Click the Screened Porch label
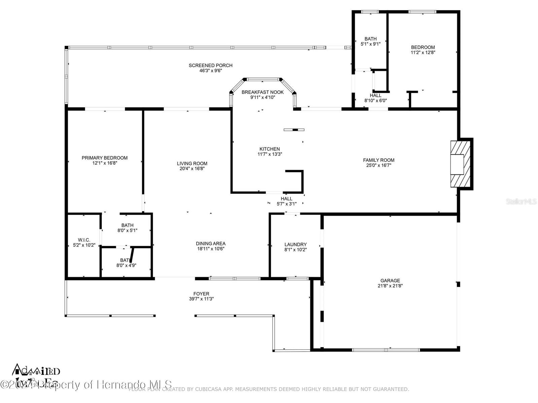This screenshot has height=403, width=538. coord(210,66)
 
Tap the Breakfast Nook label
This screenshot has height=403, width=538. coord(262,92)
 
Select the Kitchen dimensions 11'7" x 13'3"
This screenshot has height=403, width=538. coord(270,154)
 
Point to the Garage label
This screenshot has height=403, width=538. coord(390,281)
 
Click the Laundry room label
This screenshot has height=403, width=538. coord(295,244)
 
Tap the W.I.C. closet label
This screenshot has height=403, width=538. coord(84,240)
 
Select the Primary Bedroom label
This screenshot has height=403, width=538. coord(105,158)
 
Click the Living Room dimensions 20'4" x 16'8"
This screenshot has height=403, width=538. coord(192,169)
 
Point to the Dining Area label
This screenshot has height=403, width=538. coord(211,243)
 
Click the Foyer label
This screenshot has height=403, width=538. coord(201,293)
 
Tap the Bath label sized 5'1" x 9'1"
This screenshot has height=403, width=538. coord(370,39)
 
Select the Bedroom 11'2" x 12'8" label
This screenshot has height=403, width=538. coord(423,47)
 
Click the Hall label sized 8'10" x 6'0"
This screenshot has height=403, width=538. coord(375,95)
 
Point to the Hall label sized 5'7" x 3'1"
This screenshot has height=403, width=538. coord(286,199)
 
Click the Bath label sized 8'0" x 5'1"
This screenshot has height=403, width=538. coord(127,225)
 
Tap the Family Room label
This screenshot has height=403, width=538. coord(379,160)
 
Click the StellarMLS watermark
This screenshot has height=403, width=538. coord(521,202)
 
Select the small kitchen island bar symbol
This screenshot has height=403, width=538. coord(294,130)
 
